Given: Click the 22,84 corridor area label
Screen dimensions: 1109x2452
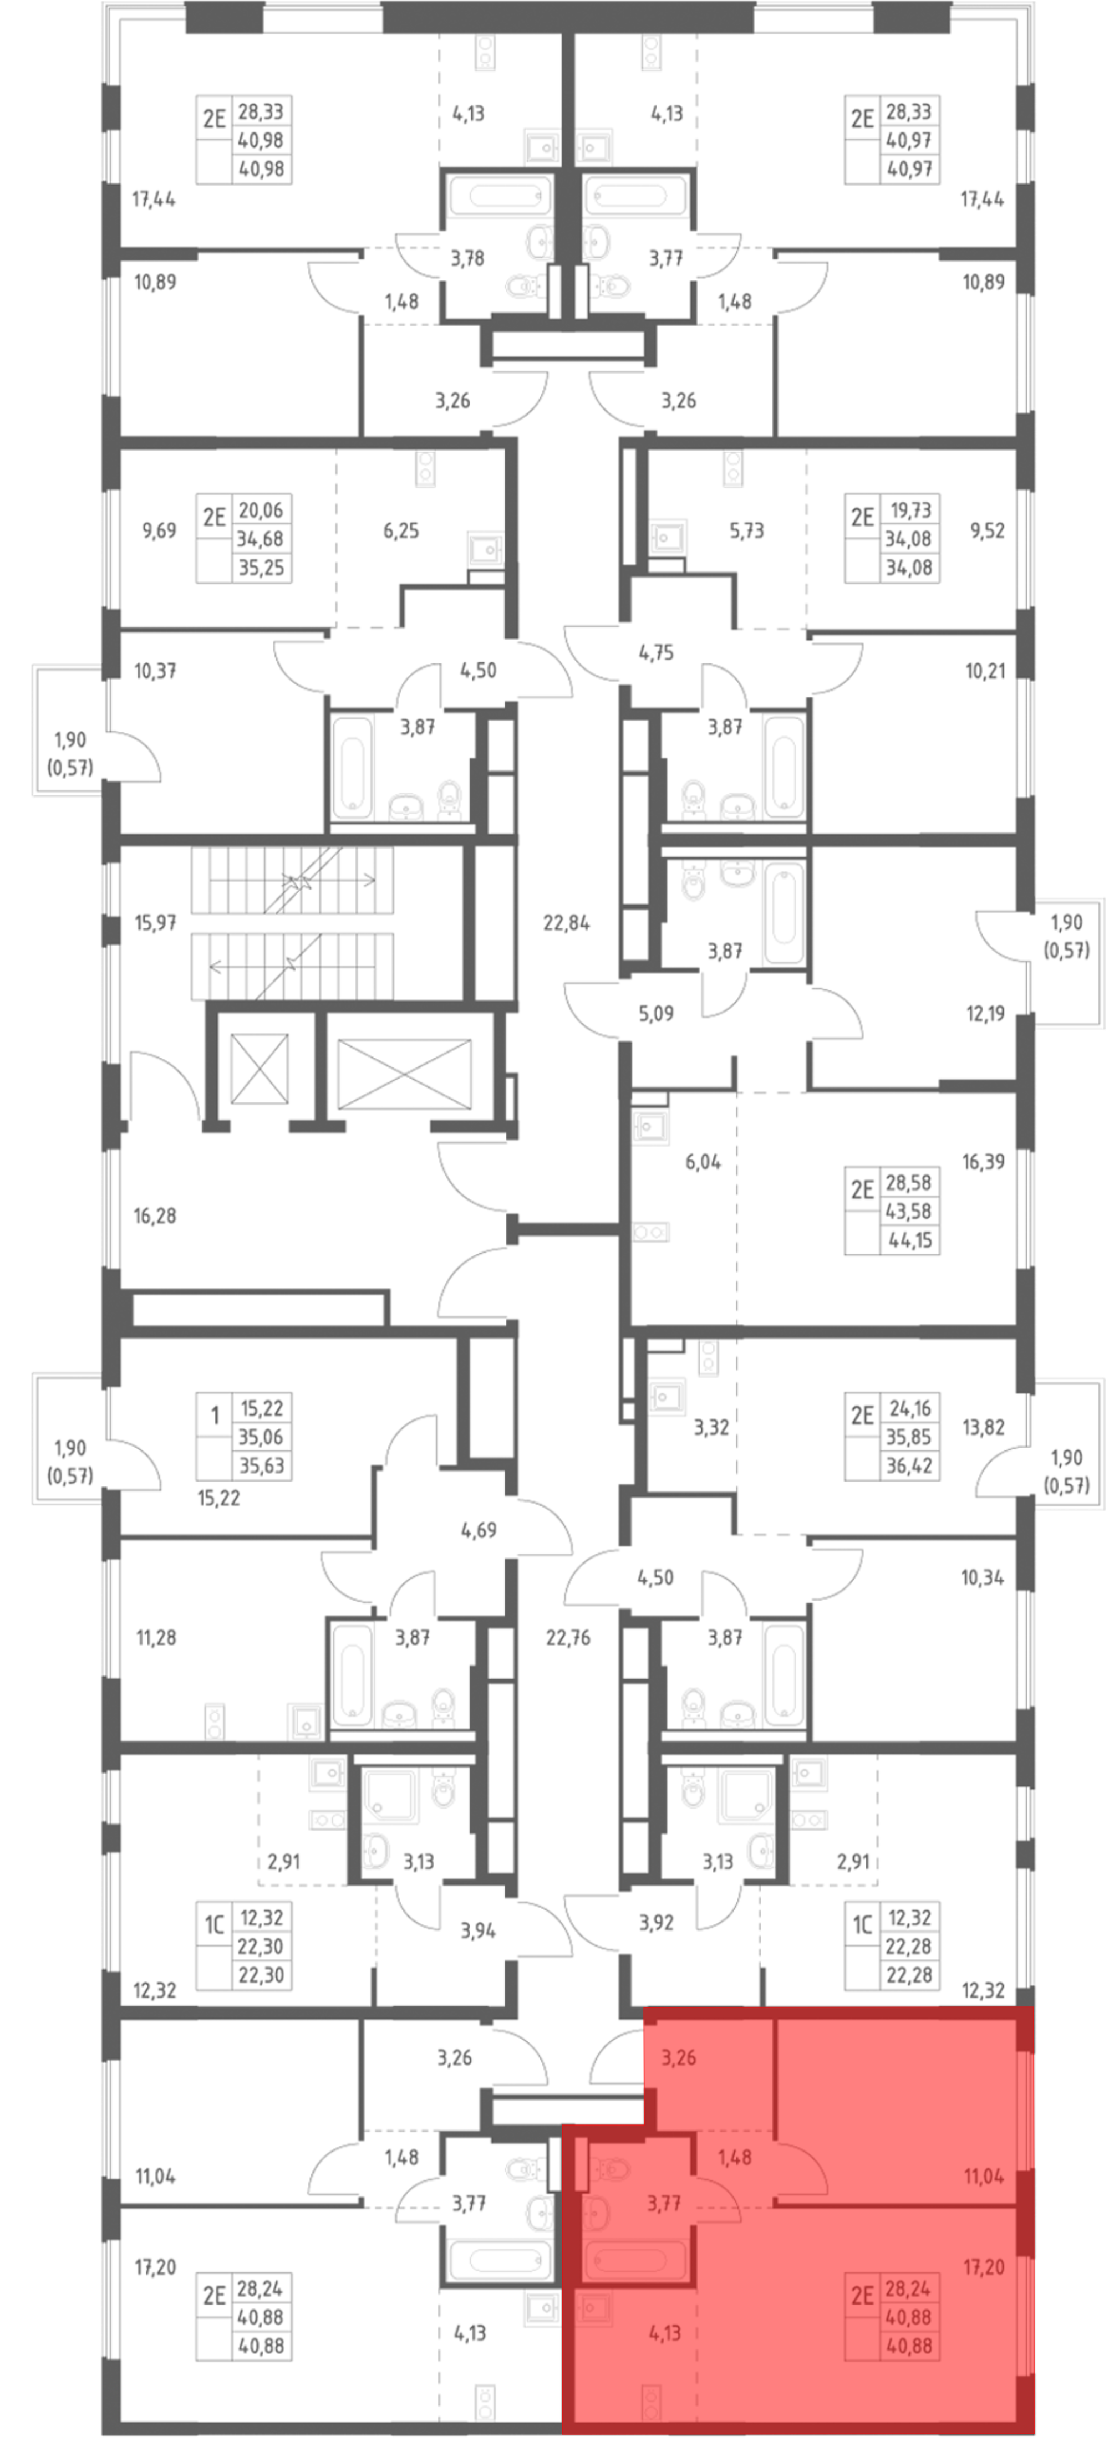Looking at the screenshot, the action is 566,922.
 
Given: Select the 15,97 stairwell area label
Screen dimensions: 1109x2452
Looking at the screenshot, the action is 155,922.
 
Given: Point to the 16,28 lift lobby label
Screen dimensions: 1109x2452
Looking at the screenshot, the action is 155,1215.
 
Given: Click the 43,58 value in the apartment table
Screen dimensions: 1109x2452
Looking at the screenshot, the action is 909,1212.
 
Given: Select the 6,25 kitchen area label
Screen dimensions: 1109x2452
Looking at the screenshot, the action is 401,530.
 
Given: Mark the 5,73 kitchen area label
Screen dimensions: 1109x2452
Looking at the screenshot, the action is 746,530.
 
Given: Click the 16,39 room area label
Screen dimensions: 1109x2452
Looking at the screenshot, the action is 983,1161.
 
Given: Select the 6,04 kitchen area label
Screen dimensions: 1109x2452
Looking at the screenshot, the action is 703,1161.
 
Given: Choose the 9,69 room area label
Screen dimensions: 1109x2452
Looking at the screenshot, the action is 159,530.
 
